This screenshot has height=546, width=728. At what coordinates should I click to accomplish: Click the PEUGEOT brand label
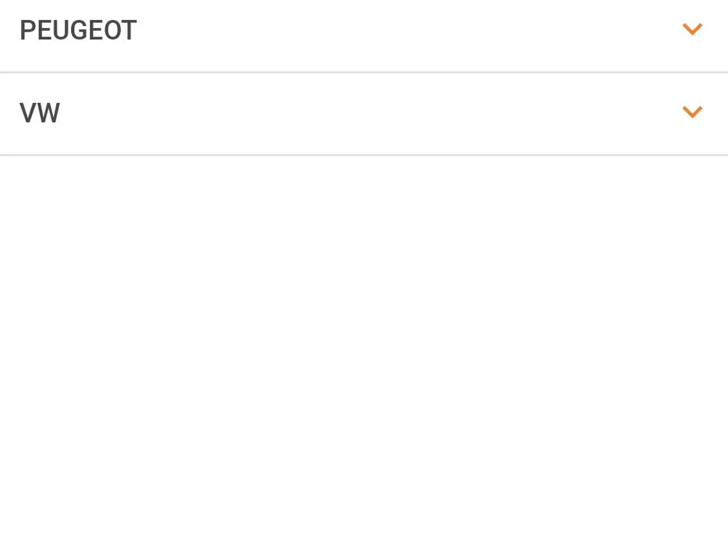point(78,30)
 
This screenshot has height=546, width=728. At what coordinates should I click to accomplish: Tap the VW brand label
point(40,113)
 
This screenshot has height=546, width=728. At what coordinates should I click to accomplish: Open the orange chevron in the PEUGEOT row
point(692,29)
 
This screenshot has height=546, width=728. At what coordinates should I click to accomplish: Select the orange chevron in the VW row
point(692,112)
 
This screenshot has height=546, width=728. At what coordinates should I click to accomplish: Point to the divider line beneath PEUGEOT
point(364,72)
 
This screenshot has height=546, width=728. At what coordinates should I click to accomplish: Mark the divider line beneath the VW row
point(364,155)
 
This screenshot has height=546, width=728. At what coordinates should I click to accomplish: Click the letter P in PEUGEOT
point(28,30)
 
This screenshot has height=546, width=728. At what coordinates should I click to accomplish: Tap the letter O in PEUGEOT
point(113,30)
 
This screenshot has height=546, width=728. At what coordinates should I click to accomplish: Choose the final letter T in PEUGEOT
point(129,30)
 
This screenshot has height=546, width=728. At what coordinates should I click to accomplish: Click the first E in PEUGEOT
point(45,30)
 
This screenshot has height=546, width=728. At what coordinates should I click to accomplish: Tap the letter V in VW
point(28,113)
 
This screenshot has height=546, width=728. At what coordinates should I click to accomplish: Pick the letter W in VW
point(48,113)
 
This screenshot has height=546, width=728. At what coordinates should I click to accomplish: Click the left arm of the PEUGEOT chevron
point(688,28)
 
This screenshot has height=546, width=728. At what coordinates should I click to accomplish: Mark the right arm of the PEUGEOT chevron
point(697,28)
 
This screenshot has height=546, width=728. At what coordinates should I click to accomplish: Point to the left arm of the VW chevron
point(688,111)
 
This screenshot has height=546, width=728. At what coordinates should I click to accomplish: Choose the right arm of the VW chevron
point(697,111)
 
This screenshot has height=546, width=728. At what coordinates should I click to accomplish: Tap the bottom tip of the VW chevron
point(692,118)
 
